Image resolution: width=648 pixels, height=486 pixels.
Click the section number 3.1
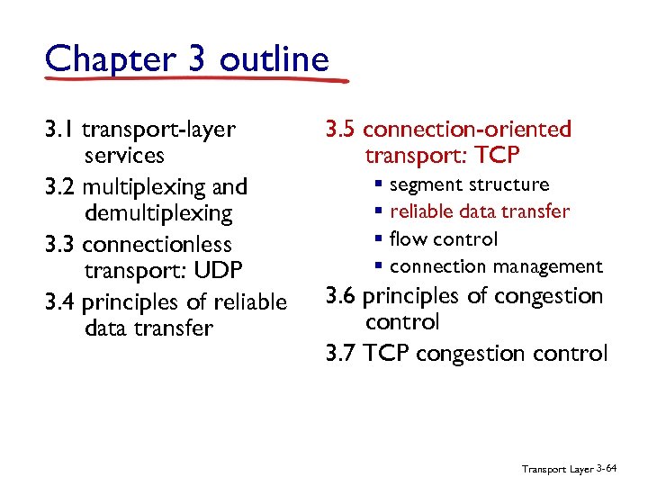59,130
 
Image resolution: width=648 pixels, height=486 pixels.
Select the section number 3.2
60,187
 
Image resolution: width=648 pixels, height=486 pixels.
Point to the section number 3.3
60,245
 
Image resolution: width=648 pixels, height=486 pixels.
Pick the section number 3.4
60,302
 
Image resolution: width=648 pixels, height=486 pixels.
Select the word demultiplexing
158,214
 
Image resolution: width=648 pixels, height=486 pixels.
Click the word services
124,156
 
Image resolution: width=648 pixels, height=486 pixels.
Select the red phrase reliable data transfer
480,212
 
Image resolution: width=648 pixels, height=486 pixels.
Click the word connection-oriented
467,130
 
